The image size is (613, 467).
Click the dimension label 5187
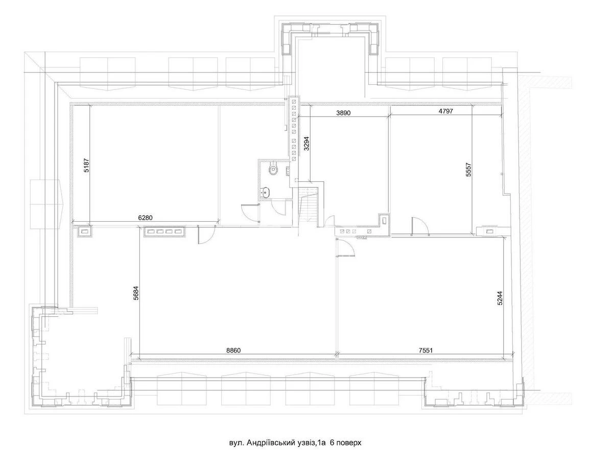[86, 164]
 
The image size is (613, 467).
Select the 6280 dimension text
[146, 217]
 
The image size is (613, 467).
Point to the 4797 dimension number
[445, 110]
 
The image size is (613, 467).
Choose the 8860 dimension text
[232, 351]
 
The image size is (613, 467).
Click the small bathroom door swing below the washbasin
[279, 208]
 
